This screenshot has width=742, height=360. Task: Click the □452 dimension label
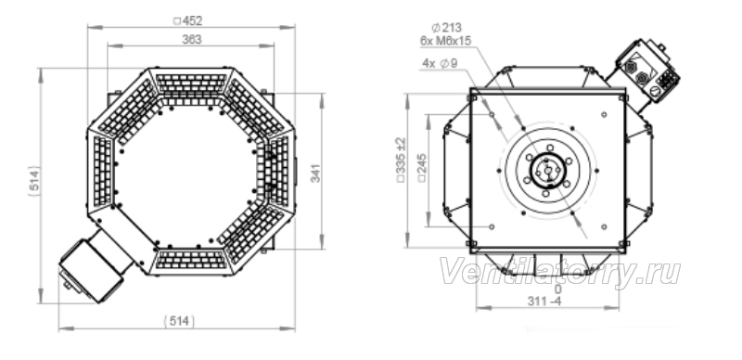pos(188,20)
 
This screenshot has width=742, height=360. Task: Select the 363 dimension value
pos(192,40)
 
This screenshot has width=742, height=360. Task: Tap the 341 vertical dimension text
pos(315,173)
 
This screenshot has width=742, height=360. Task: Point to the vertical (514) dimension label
pos(34,181)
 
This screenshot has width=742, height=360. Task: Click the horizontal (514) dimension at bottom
pos(179,322)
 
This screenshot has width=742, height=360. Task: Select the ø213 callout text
pos(447,28)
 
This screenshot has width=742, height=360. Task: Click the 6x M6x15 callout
pos(446,41)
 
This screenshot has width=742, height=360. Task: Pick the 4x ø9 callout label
pos(440,63)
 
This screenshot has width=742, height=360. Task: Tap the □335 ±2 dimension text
pos(401,161)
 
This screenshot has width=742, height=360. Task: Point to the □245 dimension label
pos(422,168)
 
